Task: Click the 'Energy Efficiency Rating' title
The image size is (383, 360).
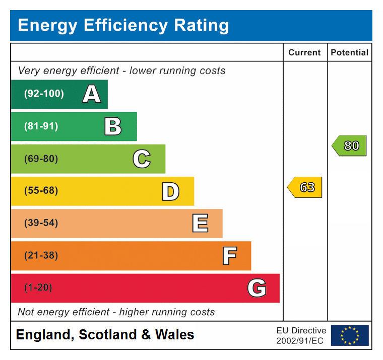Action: pos(123,25)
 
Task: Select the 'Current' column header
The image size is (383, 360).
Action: pos(304,52)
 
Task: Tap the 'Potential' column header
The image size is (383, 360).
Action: pos(350,52)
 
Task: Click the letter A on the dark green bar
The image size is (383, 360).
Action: pos(91,94)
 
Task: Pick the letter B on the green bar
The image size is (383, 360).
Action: pos(113,126)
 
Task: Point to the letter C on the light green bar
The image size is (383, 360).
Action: pos(142,159)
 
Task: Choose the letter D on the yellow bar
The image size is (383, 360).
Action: pos(170,191)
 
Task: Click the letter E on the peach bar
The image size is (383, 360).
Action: pos(200,224)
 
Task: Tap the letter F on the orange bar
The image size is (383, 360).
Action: pos(229,256)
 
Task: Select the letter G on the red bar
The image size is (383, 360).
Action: pos(257,288)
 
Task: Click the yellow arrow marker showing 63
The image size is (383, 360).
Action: pos(305,187)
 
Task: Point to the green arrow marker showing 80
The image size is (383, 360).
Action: pos(349,146)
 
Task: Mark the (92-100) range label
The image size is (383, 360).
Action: pos(44,94)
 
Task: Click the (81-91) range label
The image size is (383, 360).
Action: pos(41,126)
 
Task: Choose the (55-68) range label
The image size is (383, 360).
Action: pos(41,191)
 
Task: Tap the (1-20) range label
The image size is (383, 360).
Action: pos(38,288)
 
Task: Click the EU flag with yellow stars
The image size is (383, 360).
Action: pos(350,335)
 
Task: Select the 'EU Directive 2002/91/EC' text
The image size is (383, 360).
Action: pos(301,336)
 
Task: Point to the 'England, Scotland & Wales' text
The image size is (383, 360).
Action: pos(105,335)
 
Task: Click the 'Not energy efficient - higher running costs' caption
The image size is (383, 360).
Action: pos(116,312)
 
